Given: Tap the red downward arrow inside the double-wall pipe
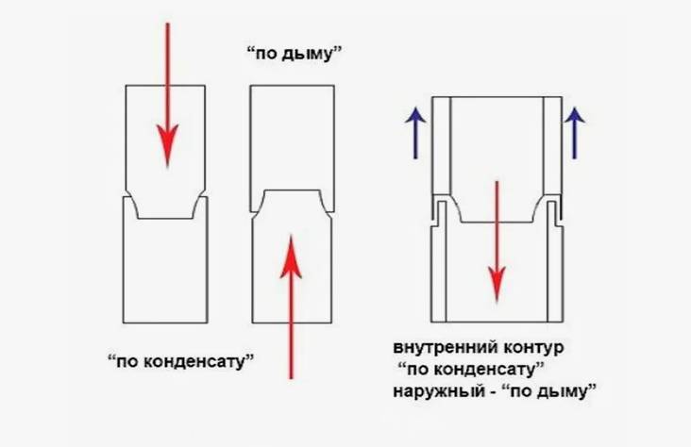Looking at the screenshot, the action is point(493,236).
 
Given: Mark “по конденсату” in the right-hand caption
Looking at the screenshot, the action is point(473,369).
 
